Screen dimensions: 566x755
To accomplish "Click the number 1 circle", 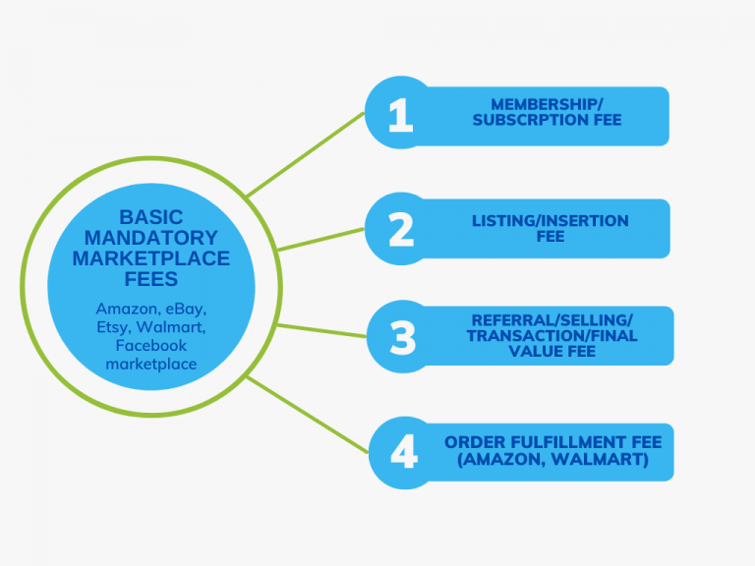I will pos(400,114).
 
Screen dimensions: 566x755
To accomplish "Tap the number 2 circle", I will pos(400,229).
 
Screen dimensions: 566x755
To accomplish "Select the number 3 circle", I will pos(403,336).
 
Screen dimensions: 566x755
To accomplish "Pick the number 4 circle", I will pos(404,451).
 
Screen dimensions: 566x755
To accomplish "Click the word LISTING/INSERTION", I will pos(550,220).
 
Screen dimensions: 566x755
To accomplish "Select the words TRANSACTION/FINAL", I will pos(552,336).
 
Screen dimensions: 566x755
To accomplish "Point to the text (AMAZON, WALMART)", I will pos(552,459).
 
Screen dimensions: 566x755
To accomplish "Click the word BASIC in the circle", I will pos(151,216).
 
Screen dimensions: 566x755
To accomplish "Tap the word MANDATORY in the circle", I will pos(151,238).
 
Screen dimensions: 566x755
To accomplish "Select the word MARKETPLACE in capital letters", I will pos(151,258).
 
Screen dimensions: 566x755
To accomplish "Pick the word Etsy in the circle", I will pos(112,327).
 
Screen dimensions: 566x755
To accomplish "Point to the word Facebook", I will pos(150,346).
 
